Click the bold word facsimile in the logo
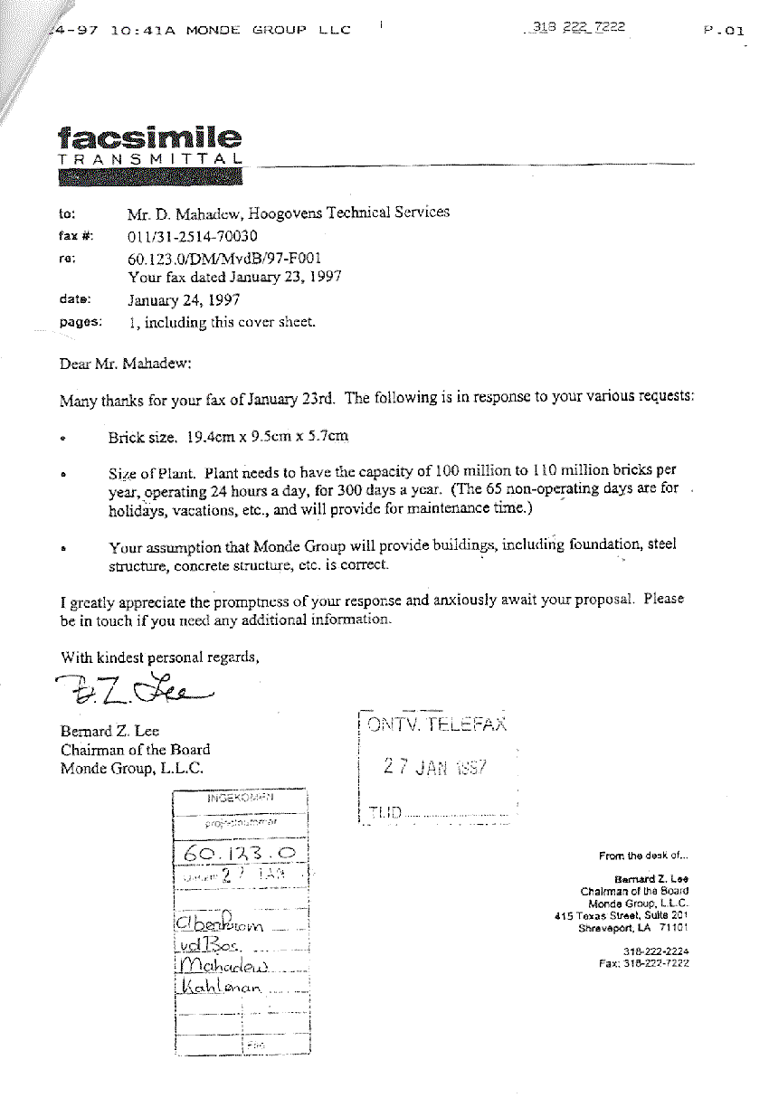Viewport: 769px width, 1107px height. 149,138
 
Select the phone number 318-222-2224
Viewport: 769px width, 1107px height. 657,951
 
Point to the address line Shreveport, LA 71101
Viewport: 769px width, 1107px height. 633,927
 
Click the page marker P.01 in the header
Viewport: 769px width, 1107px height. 723,30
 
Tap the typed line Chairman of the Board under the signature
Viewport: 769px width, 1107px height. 135,749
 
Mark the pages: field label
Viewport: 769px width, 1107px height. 81,321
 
